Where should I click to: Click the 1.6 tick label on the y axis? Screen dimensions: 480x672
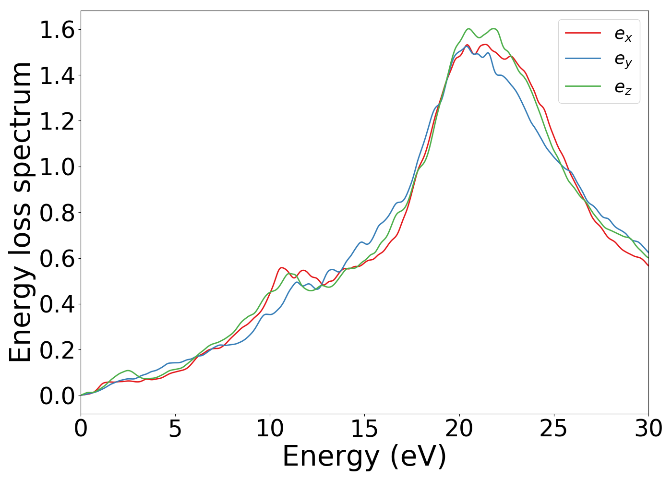coord(57,30)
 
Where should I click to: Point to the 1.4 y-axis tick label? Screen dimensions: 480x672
coord(57,76)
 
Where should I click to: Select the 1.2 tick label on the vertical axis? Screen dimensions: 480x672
coord(57,121)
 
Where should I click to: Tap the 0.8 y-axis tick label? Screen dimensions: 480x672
coord(57,213)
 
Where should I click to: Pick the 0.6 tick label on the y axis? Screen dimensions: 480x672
coord(57,259)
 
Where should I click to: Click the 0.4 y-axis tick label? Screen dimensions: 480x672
coord(57,304)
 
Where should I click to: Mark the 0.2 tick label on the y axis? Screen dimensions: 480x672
coord(57,350)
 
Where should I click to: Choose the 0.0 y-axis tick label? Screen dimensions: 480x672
coord(57,396)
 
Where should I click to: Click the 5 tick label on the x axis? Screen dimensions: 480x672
coord(175,429)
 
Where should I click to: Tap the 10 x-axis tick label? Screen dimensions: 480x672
coord(270,429)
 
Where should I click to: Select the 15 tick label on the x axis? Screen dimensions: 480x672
coord(364,429)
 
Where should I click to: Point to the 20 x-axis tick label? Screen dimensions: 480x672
coord(459,429)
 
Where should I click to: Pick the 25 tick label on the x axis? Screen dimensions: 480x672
coord(553,429)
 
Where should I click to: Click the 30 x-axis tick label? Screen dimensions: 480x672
coord(648,429)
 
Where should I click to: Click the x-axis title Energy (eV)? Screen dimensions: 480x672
coord(364,456)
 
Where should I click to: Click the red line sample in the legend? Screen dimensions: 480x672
coord(583,33)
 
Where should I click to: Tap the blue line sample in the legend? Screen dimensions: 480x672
coord(583,59)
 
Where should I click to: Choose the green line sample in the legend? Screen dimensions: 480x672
coord(583,86)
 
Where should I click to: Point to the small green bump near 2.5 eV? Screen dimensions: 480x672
coord(128,371)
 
